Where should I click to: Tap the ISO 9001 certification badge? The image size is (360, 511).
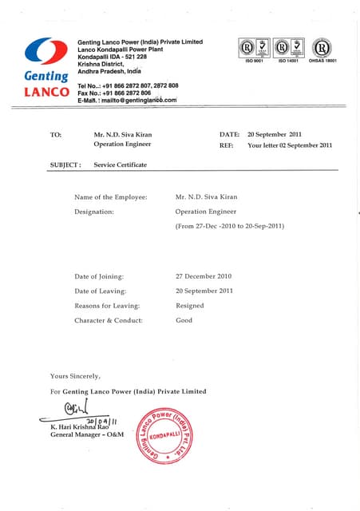point(247,49)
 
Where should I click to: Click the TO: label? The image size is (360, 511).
point(56,135)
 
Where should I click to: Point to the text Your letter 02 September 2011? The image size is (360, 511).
point(290,145)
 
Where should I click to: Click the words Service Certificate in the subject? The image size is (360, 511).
point(121,164)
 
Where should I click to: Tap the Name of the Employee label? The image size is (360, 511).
point(110,196)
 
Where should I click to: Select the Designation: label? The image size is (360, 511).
point(94,212)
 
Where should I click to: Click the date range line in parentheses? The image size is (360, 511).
point(230,227)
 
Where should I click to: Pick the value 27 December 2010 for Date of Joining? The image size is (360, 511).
point(204,275)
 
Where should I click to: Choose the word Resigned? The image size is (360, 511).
point(189,306)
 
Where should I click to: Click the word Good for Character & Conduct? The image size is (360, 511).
point(184,320)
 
